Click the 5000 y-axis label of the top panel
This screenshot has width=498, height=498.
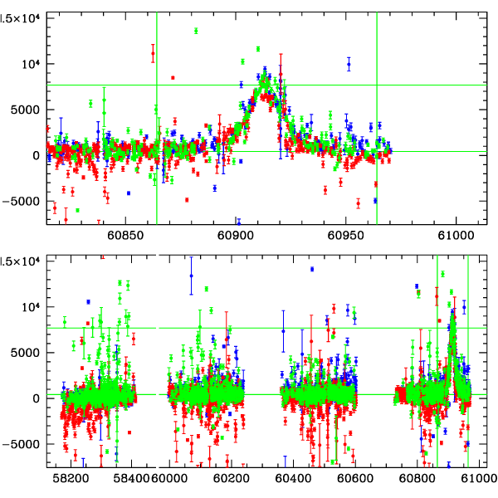(x=25, y=110)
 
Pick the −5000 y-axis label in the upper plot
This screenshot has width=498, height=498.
(x=22, y=200)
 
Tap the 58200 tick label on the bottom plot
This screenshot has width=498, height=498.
(x=71, y=479)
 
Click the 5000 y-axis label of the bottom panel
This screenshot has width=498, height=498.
(x=25, y=352)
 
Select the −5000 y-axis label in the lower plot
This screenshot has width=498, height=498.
(x=22, y=443)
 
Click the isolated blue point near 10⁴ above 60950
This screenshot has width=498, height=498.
(x=349, y=64)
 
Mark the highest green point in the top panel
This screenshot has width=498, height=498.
(x=196, y=31)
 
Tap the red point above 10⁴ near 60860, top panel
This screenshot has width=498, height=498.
(x=153, y=54)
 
